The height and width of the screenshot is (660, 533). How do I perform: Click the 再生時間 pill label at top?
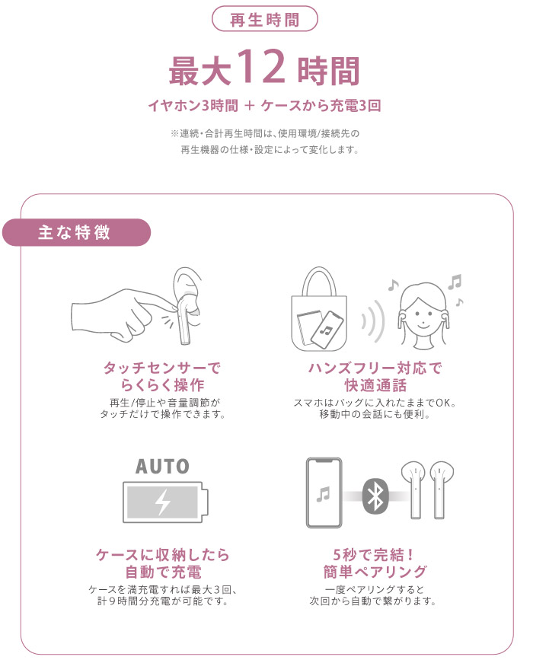(x=264, y=19)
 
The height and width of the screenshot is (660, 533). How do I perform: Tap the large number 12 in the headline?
(x=261, y=67)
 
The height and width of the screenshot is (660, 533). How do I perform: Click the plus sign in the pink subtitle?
(x=250, y=105)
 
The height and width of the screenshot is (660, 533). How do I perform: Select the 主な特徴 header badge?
(x=76, y=232)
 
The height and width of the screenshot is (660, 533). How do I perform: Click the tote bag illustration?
(x=319, y=309)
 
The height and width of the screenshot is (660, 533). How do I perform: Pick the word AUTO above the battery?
(x=162, y=467)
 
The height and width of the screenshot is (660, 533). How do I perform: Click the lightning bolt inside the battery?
(x=162, y=502)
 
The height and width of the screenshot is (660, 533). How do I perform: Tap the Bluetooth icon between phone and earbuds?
(x=375, y=496)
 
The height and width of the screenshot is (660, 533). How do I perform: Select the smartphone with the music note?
(x=324, y=493)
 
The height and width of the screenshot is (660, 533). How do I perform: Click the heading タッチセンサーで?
(x=162, y=368)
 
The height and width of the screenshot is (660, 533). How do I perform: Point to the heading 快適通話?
(x=375, y=385)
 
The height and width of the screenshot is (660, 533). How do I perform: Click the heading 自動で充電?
(x=164, y=572)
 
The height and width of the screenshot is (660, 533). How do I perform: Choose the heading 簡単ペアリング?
(x=375, y=572)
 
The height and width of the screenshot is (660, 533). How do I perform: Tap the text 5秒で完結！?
(x=373, y=555)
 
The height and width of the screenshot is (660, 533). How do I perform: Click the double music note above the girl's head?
(x=455, y=282)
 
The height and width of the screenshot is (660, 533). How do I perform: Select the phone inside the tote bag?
(x=327, y=329)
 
